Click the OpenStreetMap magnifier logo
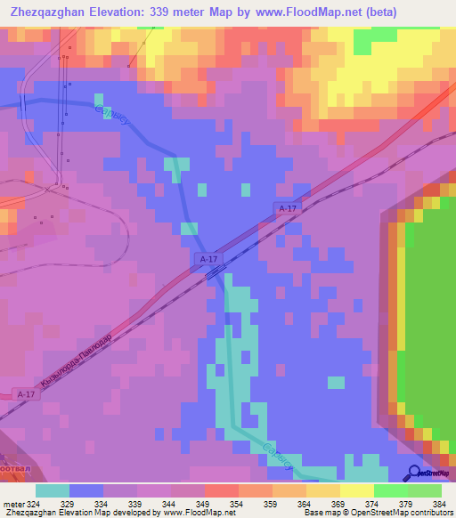pyautogui.click(x=416, y=472)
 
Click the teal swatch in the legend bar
pyautogui.click(x=52, y=490)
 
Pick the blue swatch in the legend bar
pyautogui.click(x=86, y=490)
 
